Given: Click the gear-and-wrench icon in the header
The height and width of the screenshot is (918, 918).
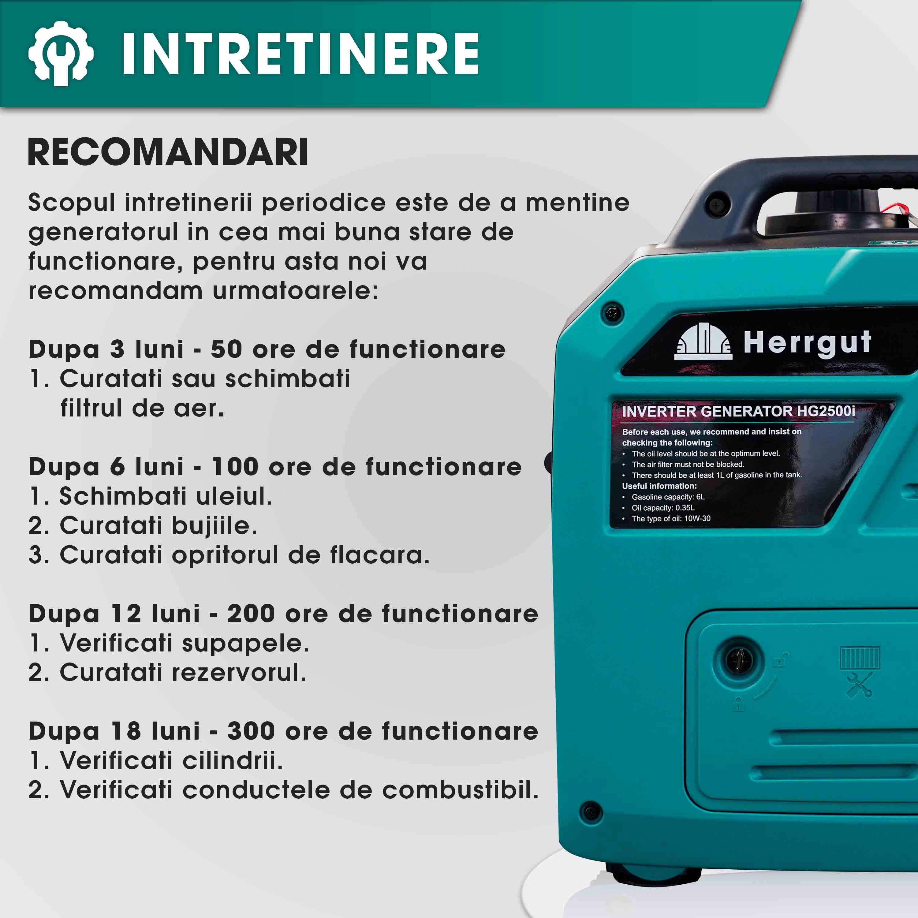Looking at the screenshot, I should [61, 53].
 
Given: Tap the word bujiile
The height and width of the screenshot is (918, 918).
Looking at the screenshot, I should [214, 526].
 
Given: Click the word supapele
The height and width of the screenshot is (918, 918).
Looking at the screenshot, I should [245, 643].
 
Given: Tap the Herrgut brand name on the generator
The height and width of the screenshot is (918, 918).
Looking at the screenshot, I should [807, 343].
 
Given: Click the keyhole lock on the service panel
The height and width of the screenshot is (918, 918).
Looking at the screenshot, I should [739, 660].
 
